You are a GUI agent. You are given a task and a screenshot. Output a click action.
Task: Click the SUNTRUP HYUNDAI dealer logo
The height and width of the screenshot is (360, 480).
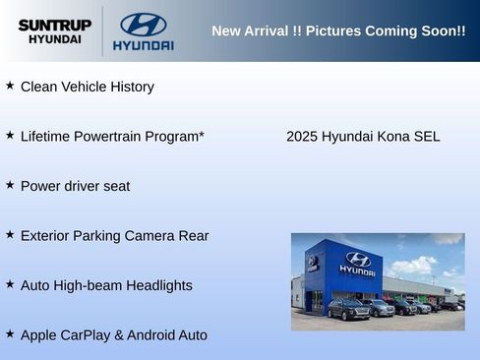54,30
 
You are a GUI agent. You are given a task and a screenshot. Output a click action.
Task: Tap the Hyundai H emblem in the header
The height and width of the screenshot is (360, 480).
143,24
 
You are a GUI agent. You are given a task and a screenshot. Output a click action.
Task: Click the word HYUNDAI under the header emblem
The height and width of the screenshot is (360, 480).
143,45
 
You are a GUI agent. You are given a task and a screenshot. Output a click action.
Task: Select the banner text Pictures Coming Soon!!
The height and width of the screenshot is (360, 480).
386,30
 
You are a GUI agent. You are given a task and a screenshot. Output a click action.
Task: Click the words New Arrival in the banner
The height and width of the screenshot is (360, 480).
251,30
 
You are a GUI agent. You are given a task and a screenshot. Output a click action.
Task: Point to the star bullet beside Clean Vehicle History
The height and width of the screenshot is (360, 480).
10,86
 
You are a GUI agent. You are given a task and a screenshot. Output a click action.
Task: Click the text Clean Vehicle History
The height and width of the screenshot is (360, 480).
87,87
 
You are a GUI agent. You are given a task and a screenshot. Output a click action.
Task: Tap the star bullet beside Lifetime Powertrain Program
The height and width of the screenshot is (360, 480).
10,135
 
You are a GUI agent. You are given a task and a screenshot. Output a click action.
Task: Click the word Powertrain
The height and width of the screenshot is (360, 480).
106,136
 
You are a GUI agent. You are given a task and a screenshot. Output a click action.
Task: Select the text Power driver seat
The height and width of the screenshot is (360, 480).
75,186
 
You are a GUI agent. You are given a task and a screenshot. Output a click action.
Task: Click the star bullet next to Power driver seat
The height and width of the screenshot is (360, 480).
10,185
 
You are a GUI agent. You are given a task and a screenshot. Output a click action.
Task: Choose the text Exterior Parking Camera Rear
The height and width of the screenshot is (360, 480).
114,236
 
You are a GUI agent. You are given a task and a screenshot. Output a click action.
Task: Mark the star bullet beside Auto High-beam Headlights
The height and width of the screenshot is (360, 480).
10,284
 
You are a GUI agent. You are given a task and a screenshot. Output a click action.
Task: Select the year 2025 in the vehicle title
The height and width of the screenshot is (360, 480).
302,136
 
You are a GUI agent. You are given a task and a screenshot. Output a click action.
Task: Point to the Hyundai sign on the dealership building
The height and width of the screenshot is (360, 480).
357,263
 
